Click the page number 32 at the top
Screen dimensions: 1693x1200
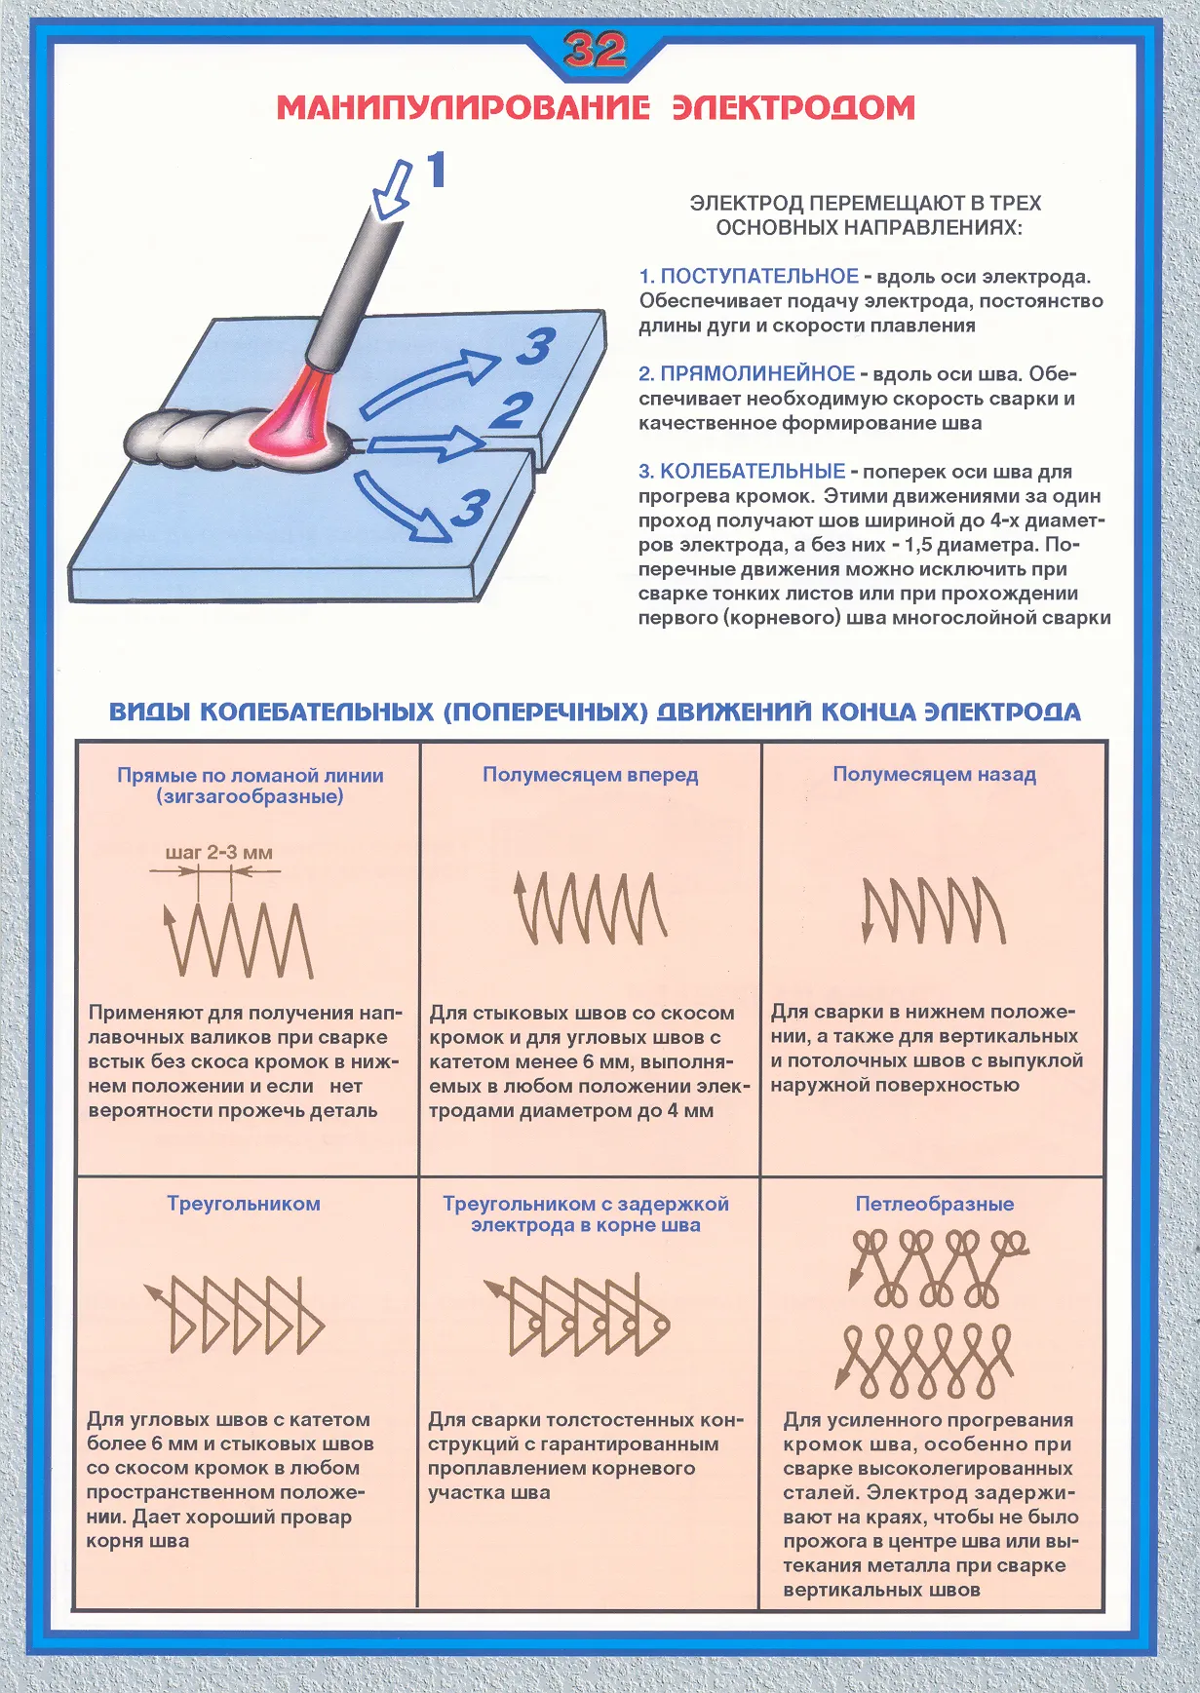pyautogui.click(x=595, y=50)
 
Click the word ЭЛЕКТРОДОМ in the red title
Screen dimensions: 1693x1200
pyautogui.click(x=794, y=107)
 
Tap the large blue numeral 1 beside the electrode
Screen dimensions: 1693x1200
pyautogui.click(x=436, y=170)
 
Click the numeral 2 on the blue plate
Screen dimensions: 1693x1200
pyautogui.click(x=512, y=410)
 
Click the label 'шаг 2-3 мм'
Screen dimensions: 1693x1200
pyautogui.click(x=218, y=853)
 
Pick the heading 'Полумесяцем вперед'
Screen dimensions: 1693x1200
pyautogui.click(x=591, y=775)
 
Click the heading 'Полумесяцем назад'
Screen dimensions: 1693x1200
pyautogui.click(x=934, y=775)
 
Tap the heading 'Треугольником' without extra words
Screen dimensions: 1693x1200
pyautogui.click(x=244, y=1204)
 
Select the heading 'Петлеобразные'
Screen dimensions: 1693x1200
pyautogui.click(x=934, y=1204)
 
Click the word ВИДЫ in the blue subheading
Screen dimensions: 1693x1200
pyautogui.click(x=149, y=712)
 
